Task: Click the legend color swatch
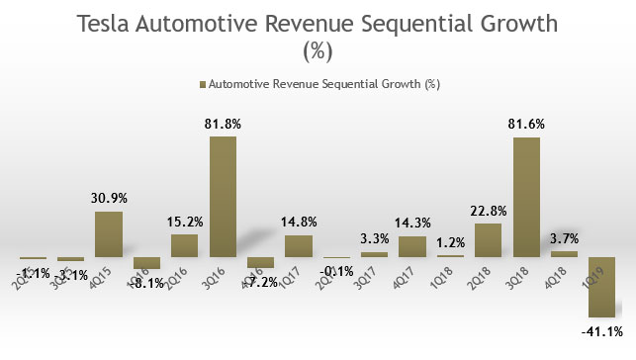click(204, 85)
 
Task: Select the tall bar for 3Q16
click(223, 197)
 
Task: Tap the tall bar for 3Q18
click(526, 197)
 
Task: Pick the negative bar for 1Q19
click(601, 287)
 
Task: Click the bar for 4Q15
click(109, 234)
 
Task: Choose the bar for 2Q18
click(488, 240)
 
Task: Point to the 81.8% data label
click(223, 125)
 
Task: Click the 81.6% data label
click(526, 125)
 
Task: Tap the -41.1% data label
click(601, 329)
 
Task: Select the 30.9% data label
click(109, 200)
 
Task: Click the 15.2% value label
click(185, 223)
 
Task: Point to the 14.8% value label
click(299, 224)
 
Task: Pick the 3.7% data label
click(564, 239)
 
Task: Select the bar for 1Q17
click(299, 246)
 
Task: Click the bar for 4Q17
click(412, 246)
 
